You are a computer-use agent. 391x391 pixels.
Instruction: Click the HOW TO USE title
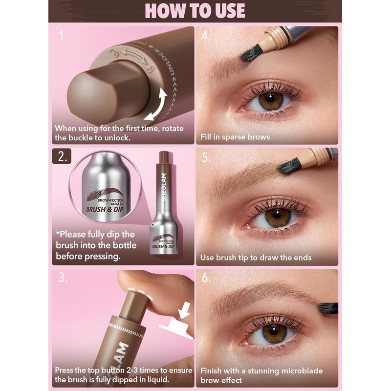[x=195, y=11]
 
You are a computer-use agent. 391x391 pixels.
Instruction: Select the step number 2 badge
[x=62, y=157]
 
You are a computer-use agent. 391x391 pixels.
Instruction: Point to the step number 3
[x=62, y=278]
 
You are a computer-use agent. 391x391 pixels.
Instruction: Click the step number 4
[x=206, y=36]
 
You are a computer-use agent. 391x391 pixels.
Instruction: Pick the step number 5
[x=206, y=157]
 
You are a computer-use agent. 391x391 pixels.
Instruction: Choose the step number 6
[x=206, y=278]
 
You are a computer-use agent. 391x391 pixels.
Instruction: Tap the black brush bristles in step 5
[x=289, y=167]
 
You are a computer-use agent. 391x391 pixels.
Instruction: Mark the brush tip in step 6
[x=327, y=308]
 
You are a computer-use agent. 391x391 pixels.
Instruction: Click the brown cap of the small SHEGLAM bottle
[x=164, y=157]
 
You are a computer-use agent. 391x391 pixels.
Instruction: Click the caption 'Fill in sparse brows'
[x=235, y=137]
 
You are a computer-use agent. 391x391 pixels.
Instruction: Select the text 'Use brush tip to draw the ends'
[x=256, y=258]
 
